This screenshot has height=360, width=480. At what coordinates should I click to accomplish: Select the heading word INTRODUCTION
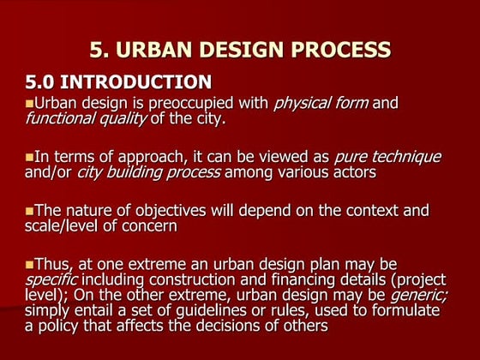(x=140, y=82)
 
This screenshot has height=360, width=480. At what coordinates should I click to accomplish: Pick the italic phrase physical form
(x=321, y=104)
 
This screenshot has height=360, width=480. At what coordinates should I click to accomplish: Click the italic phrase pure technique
(x=387, y=157)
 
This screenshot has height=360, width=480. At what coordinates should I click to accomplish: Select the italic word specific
(x=52, y=279)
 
